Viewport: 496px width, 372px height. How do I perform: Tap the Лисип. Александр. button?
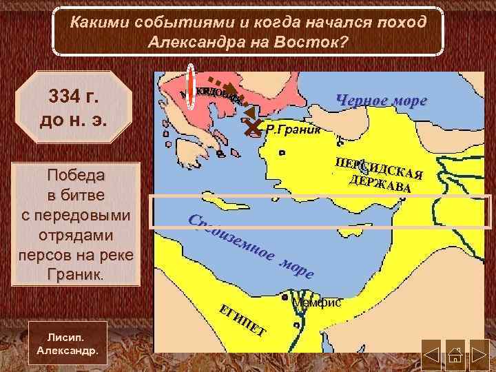pyautogui.click(x=68, y=344)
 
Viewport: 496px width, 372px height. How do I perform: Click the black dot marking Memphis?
pyautogui.click(x=285, y=299)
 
